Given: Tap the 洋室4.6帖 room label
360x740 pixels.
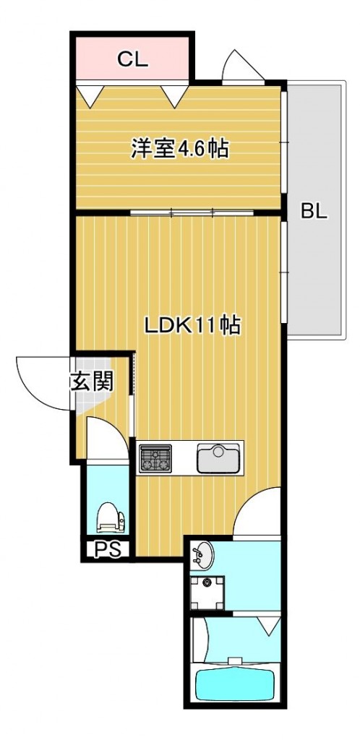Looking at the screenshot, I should (180, 150).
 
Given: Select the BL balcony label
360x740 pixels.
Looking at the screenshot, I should (314, 212).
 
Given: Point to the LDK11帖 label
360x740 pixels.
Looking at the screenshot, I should (192, 325).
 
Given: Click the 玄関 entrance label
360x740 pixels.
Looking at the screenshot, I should (91, 382).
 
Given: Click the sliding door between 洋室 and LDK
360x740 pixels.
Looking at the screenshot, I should (192, 212).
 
